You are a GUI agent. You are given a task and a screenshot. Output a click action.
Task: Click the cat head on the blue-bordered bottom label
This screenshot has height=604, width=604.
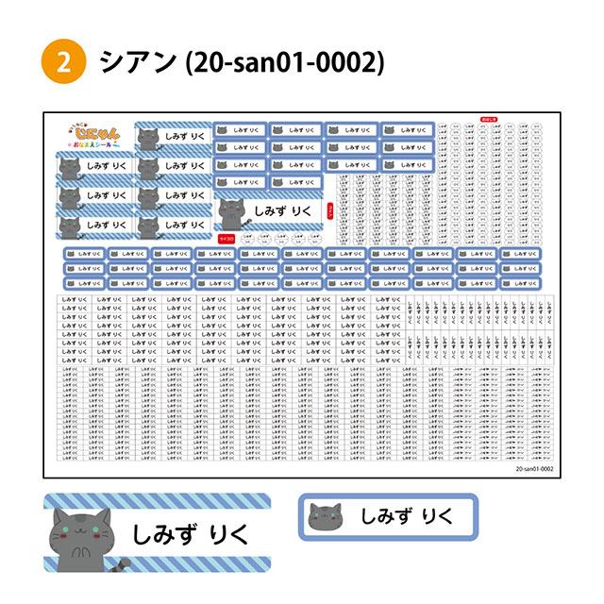click(327, 517)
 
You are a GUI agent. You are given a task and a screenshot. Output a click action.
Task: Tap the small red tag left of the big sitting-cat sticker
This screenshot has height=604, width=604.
click(226, 227)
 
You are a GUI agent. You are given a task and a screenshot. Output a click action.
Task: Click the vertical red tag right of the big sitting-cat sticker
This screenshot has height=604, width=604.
click(328, 212)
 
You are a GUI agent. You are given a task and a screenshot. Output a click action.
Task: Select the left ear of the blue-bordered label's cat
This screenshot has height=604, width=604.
click(315, 510)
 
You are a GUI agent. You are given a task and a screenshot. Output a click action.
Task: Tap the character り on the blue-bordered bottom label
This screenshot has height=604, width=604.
click(428, 516)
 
